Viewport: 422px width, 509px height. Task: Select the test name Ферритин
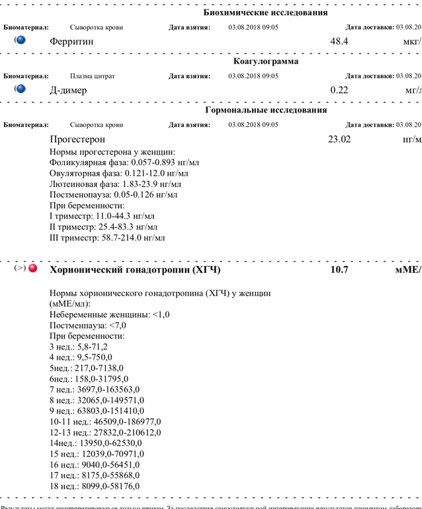[71, 42]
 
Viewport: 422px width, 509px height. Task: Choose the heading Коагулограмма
[265, 61]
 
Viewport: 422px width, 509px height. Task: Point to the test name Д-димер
[68, 91]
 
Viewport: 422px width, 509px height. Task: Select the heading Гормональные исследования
[266, 110]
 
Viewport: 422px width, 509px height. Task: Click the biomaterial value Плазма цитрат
[93, 76]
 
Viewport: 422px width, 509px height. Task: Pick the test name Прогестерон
[77, 139]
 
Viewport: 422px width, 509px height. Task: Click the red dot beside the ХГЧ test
[32, 269]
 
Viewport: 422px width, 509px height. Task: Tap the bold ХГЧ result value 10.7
[339, 270]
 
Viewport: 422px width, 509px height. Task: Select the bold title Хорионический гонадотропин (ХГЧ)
[135, 270]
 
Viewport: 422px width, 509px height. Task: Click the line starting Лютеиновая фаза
[115, 184]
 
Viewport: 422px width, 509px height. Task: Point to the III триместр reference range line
[107, 237]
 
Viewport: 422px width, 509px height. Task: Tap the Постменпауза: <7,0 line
[87, 325]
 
